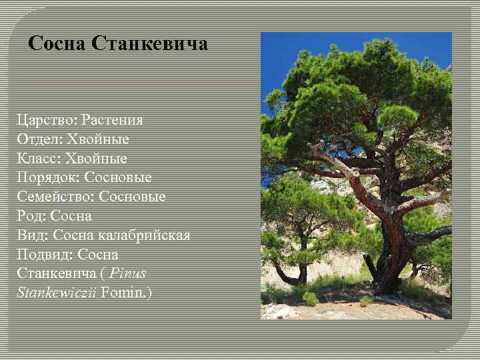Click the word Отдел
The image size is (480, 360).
(38, 140)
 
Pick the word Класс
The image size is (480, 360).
(38, 159)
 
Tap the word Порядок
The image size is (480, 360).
(45, 178)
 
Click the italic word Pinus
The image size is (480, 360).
(128, 273)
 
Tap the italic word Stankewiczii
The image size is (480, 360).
(57, 292)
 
